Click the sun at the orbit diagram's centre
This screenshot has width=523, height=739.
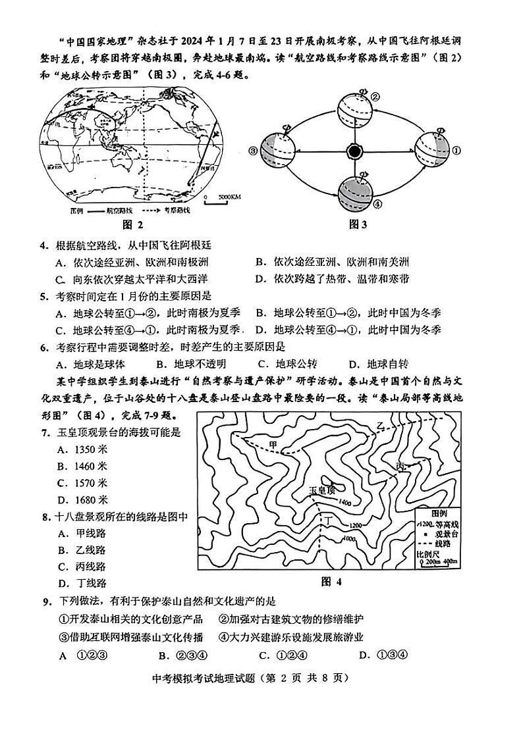coord(355,151)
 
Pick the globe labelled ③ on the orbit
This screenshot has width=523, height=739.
coord(278,151)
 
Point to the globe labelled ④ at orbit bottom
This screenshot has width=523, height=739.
coord(355,191)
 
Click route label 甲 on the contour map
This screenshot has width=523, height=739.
coord(274,446)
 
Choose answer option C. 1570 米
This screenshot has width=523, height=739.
coord(82,483)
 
